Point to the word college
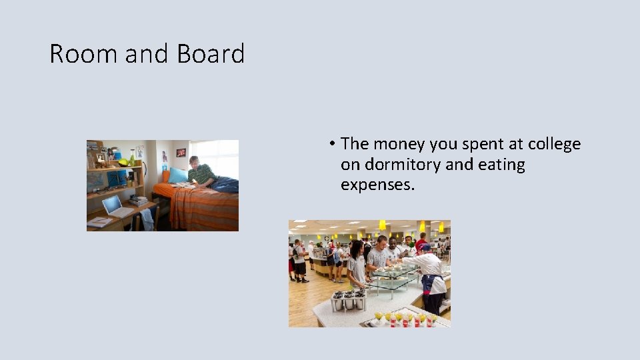pos(554,144)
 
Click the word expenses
pos(377,184)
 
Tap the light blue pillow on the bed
pos(178,175)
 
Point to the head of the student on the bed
pos(194,162)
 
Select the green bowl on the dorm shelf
pos(123,162)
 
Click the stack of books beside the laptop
pos(139,200)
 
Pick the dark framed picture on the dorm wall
pos(181,153)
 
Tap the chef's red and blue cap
pos(424,247)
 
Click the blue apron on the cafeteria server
pos(429,284)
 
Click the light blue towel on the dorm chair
pos(147,219)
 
